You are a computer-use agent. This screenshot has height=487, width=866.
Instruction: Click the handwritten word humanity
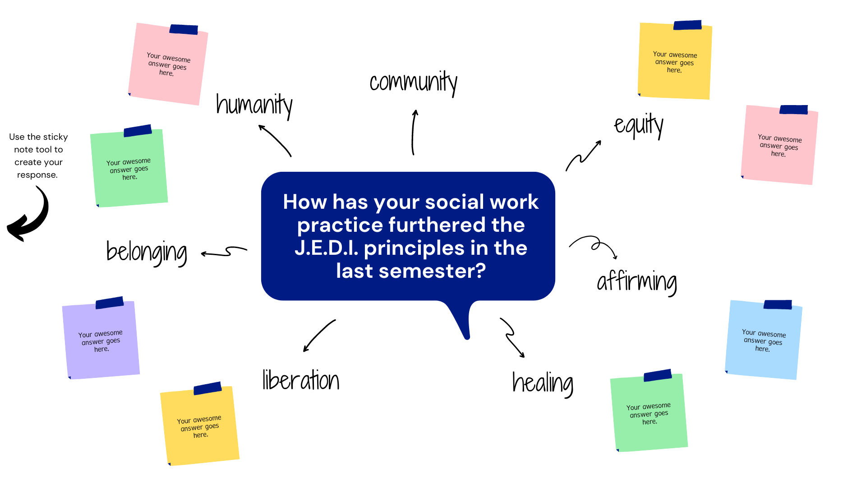point(254,106)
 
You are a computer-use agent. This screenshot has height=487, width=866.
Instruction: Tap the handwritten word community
point(414,83)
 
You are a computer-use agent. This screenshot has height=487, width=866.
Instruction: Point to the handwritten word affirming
point(637,282)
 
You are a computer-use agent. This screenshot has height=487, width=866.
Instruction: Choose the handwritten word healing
point(543,384)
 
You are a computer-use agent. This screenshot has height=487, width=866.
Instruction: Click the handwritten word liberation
point(301,380)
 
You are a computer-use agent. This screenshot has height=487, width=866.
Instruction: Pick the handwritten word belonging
point(147,253)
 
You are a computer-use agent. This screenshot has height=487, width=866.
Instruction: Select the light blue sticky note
point(764,340)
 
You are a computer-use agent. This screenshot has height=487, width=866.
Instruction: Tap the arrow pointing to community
point(413,133)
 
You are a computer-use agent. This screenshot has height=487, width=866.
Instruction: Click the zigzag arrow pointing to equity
point(583,156)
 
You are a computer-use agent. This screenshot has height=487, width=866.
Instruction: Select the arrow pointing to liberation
point(319,336)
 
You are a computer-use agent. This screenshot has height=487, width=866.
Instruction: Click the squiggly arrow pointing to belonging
point(224,251)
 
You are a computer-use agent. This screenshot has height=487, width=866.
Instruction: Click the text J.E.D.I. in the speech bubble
point(327,248)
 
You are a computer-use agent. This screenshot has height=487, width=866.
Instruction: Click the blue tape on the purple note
point(110,303)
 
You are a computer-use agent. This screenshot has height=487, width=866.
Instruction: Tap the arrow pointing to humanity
point(275,140)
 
